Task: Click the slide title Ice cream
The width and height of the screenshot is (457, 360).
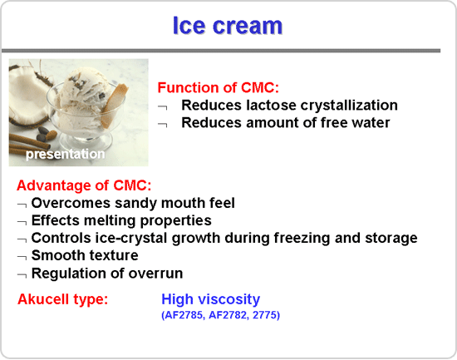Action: (x=228, y=26)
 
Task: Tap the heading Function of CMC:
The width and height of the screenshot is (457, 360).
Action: (x=219, y=87)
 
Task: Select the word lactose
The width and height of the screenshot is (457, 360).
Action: (x=271, y=105)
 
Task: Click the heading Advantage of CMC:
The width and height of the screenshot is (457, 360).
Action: (x=84, y=185)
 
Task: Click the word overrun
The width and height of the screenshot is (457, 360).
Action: (x=155, y=274)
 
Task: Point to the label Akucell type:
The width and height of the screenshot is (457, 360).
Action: (x=62, y=299)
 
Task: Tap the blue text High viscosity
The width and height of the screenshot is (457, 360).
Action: (x=210, y=299)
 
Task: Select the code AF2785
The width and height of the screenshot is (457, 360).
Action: (x=184, y=315)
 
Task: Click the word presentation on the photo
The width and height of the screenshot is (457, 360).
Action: (x=66, y=154)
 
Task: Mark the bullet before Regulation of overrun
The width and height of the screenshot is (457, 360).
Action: (x=22, y=275)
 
